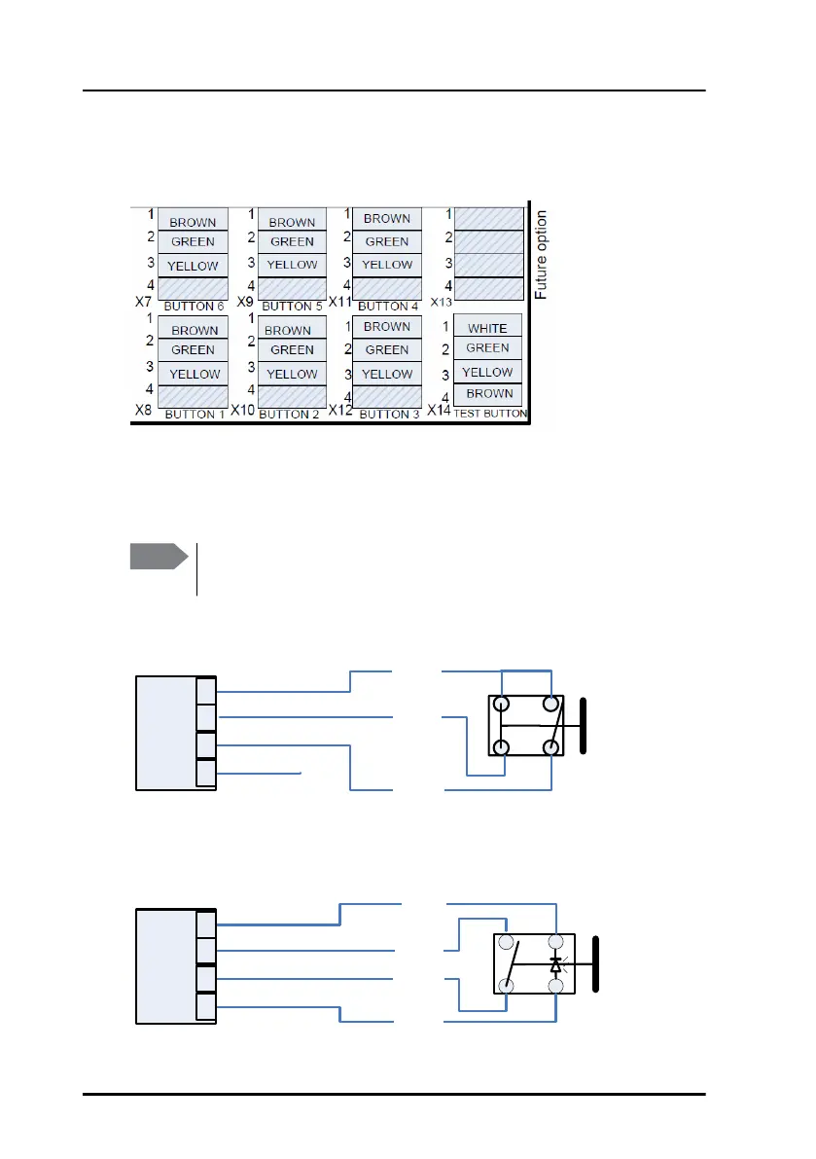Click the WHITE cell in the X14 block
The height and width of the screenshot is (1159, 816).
click(x=487, y=328)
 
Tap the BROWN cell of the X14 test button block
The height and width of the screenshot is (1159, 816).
click(x=488, y=393)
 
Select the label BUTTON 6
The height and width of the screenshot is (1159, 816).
click(x=195, y=307)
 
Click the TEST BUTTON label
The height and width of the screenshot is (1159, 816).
click(x=490, y=414)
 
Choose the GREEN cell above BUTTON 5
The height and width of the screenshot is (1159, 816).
click(x=292, y=242)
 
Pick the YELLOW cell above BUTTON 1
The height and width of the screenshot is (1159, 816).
click(x=194, y=374)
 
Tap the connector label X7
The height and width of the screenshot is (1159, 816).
click(x=143, y=303)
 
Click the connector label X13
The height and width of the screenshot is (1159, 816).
click(x=442, y=303)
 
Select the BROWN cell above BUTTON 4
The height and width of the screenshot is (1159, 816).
click(x=387, y=219)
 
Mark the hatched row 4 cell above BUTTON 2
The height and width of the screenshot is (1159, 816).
click(x=292, y=395)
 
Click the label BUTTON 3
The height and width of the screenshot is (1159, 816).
click(x=384, y=415)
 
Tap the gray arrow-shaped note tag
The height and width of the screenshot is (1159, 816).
click(x=159, y=558)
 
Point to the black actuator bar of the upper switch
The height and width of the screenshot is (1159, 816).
click(x=582, y=725)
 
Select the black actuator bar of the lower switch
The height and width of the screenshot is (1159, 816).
click(x=596, y=963)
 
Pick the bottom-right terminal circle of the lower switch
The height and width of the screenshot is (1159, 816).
click(x=555, y=986)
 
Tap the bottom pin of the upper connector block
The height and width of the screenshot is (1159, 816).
click(x=206, y=773)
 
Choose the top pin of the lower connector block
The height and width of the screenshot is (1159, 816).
click(x=205, y=923)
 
